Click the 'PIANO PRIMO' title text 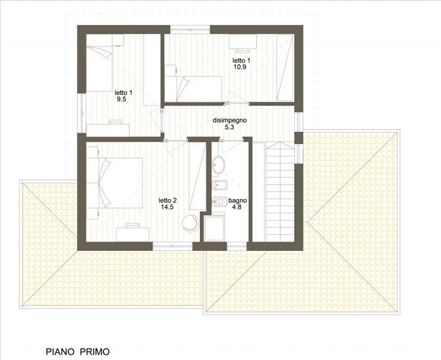[77, 351]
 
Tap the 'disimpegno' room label [229, 120]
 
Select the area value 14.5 [167, 207]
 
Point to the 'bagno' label [238, 200]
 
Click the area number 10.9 [240, 67]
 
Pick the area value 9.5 [121, 99]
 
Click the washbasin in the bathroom [218, 164]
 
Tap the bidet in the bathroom [219, 185]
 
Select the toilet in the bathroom [220, 201]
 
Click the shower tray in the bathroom [214, 228]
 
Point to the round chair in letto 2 [191, 223]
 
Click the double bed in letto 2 [115, 183]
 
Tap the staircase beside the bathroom [280, 192]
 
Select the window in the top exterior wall [190, 29]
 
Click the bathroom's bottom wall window [237, 246]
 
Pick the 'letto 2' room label [168, 200]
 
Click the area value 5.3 [229, 127]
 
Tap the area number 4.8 [237, 207]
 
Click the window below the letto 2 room [172, 246]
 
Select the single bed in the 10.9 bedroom [193, 89]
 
